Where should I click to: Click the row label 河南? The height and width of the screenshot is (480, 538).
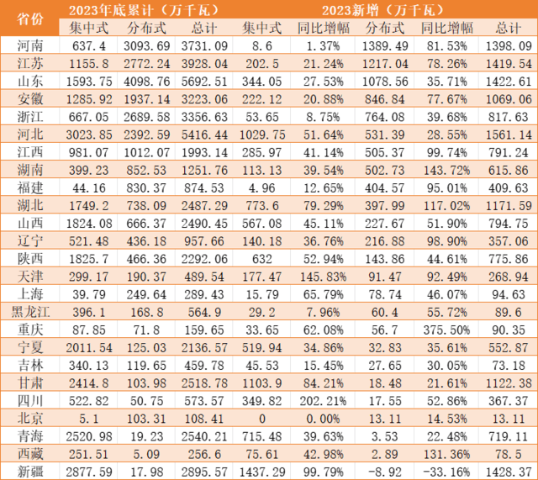[x=31, y=45]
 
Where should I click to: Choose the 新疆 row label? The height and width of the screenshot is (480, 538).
[x=31, y=469]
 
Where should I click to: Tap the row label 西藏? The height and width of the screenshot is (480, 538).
[x=31, y=454]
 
